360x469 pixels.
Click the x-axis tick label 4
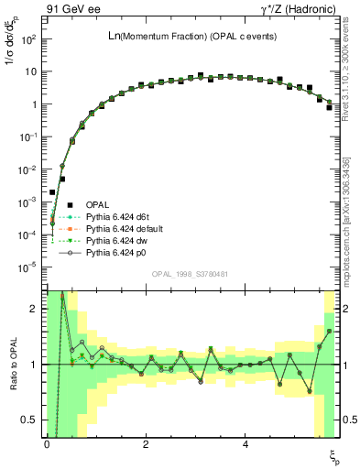tap(245, 444)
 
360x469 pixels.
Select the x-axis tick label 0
tap(46, 444)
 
